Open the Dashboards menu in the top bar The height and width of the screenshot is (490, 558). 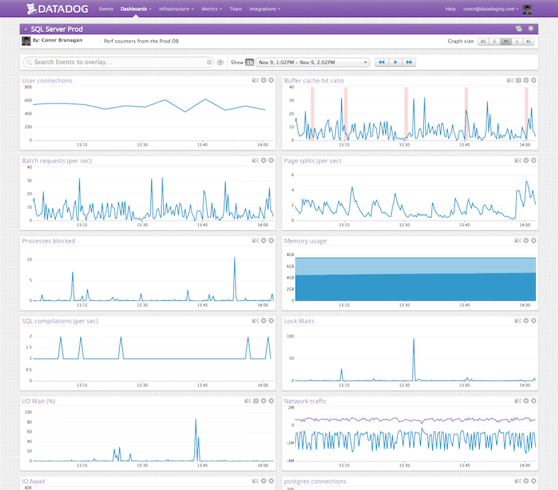pyautogui.click(x=136, y=9)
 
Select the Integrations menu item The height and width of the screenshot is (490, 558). pyautogui.click(x=265, y=9)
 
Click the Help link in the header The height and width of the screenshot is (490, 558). pyautogui.click(x=450, y=9)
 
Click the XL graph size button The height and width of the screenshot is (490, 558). pyautogui.click(x=529, y=42)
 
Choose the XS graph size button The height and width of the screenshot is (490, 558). pyautogui.click(x=483, y=42)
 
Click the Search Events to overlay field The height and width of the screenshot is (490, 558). pyautogui.click(x=119, y=63)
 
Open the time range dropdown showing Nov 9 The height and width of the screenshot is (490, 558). pyautogui.click(x=312, y=63)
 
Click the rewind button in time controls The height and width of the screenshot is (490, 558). pyautogui.click(x=381, y=63)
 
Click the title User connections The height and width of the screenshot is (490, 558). pyautogui.click(x=47, y=80)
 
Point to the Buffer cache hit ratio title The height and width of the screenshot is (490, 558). pyautogui.click(x=314, y=80)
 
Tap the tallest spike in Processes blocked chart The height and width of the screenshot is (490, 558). pyautogui.click(x=235, y=258)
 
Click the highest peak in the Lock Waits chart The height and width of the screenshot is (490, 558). pyautogui.click(x=414, y=340)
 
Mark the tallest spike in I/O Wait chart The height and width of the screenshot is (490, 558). pyautogui.click(x=196, y=420)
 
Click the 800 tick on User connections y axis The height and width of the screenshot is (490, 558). pyautogui.click(x=27, y=87)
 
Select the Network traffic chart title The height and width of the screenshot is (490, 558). pyautogui.click(x=305, y=401)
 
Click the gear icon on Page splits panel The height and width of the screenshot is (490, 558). pyautogui.click(x=526, y=161)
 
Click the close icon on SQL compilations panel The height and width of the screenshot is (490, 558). pyautogui.click(x=271, y=321)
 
